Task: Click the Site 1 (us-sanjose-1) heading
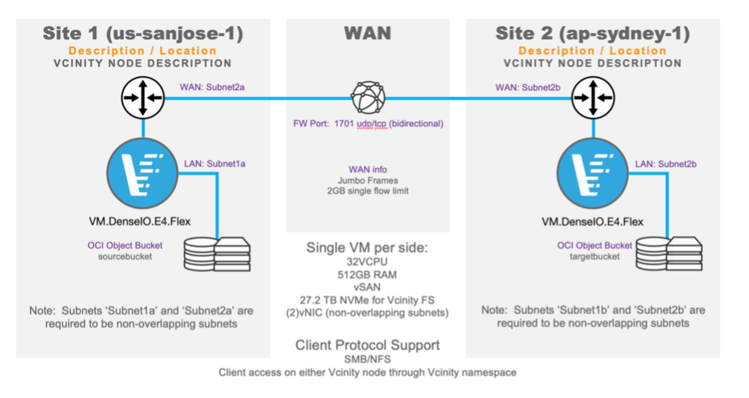click(x=142, y=33)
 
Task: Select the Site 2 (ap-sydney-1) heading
click(x=592, y=33)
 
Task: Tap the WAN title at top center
click(x=368, y=33)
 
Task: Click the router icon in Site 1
click(x=143, y=98)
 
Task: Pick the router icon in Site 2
click(x=592, y=98)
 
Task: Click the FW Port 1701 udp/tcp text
click(x=368, y=124)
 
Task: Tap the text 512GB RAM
click(x=368, y=274)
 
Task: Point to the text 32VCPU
click(x=368, y=261)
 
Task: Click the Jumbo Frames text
click(x=368, y=180)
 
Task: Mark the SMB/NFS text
click(x=368, y=359)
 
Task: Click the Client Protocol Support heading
click(x=368, y=345)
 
